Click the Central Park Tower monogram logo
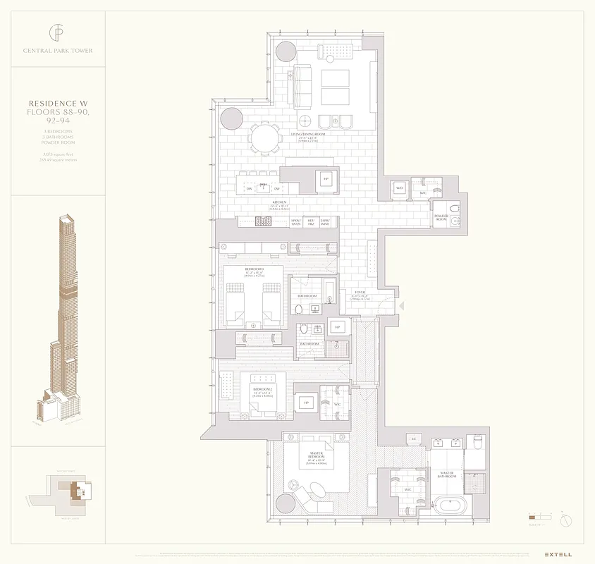coord(57,32)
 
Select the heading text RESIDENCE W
coord(58,104)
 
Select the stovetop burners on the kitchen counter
coord(264,221)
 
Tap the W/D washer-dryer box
coord(400,189)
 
